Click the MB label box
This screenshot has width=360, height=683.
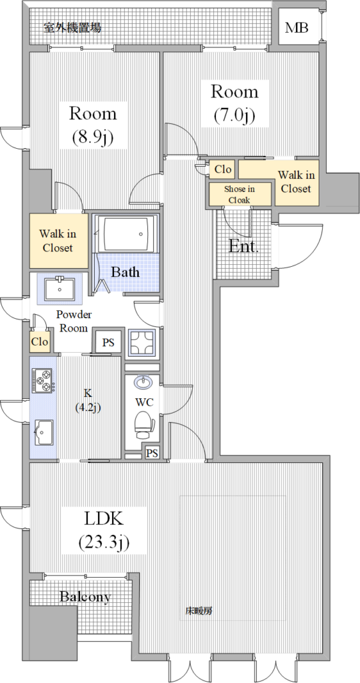pos(298,28)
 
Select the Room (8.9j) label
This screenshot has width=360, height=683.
pos(93,125)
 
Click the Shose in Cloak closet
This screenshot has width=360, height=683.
pos(240,194)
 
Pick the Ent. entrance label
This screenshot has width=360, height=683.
pos(244,247)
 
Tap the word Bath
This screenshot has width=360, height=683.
pos(125,273)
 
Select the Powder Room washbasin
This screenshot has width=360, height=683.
pos(59,287)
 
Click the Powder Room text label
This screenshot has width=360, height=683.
pos(73,321)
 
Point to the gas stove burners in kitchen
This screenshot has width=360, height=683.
pos(42,380)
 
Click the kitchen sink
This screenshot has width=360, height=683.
pos(43,432)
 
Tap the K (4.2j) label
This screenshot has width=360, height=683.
pos(88,400)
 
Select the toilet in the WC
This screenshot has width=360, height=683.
pos(143,425)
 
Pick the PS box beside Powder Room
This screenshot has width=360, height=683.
pos(108,342)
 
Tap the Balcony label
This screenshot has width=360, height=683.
pos(85,597)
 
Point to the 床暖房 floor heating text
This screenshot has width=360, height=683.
pos(199,611)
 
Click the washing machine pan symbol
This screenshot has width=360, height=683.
pos(142,342)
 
